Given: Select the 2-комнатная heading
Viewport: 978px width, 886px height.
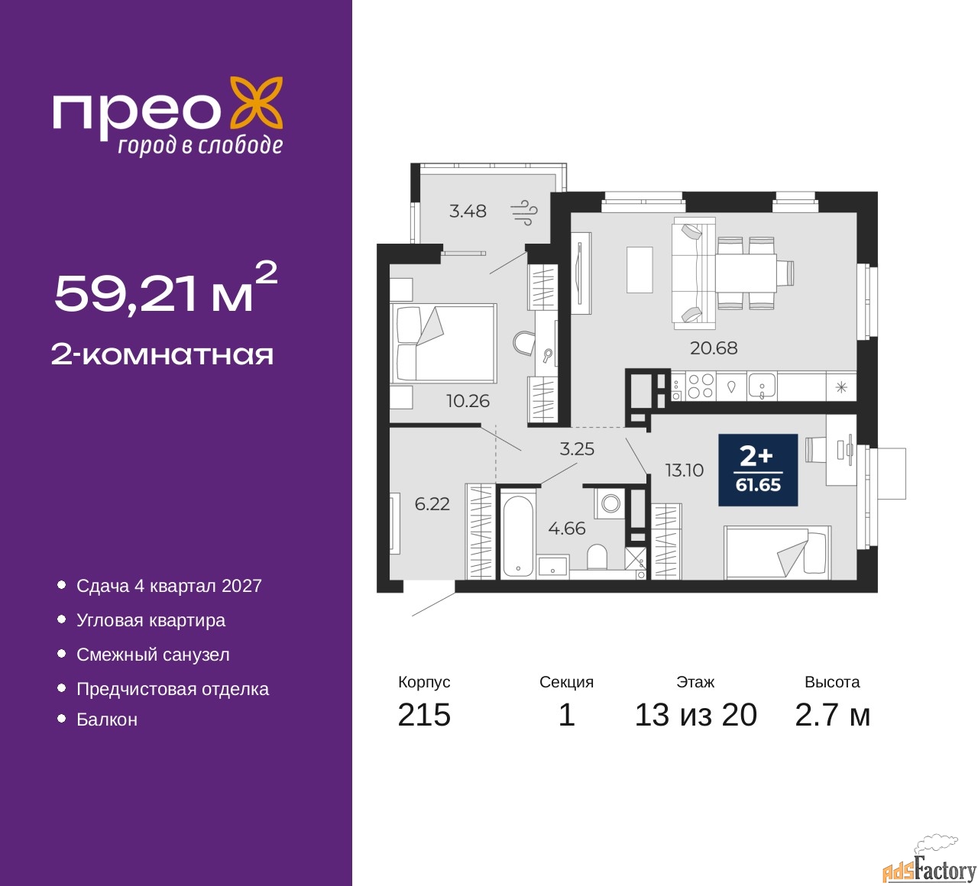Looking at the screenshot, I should (x=162, y=354).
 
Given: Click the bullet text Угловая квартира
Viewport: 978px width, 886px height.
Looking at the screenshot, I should (x=151, y=620).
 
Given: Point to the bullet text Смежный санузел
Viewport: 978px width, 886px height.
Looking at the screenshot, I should (x=153, y=655).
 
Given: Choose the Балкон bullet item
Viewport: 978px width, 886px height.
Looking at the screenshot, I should (x=107, y=719).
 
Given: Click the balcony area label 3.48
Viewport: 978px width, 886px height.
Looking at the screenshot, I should (x=468, y=211).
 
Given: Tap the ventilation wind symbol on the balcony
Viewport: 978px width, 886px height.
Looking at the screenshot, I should (x=524, y=212).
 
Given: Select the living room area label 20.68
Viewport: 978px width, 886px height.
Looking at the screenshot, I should (x=714, y=348).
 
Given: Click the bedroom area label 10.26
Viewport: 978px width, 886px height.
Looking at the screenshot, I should (x=468, y=401).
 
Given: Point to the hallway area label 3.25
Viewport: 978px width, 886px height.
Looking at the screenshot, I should (x=577, y=449).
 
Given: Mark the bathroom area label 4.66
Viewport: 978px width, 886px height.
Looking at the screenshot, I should (x=567, y=529).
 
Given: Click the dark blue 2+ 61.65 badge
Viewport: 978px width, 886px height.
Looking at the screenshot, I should (x=758, y=470).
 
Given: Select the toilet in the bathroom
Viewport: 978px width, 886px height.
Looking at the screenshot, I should (x=597, y=557).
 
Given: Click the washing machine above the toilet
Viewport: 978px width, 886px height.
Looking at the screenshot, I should (x=610, y=503).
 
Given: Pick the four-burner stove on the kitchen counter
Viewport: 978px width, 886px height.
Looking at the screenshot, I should (x=700, y=386).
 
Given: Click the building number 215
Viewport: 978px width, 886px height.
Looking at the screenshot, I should (x=424, y=715).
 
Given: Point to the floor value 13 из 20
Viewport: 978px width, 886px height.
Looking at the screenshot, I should (x=695, y=715).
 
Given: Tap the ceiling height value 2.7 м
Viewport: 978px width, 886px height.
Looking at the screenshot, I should (x=832, y=715).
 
